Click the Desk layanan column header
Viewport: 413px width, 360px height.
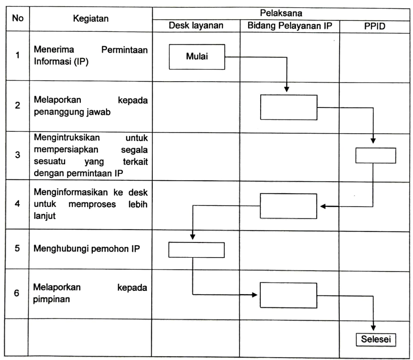196,26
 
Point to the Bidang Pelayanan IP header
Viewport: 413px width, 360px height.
290,26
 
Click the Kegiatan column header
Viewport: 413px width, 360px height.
91,19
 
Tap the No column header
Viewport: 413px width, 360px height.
18,19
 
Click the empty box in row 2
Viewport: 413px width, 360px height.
289,107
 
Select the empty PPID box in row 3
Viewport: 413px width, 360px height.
376,155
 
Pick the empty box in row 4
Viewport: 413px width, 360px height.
289,206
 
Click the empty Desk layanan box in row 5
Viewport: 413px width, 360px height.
197,249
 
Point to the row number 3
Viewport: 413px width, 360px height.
17,155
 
